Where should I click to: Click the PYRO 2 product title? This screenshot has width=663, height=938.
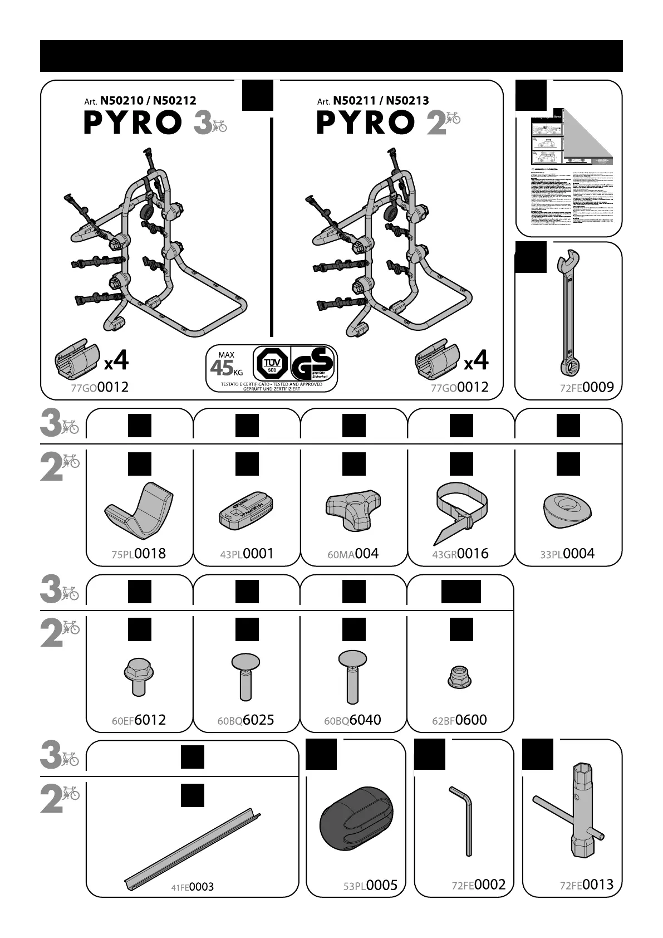[x=381, y=123]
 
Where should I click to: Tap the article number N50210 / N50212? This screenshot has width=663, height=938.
[x=148, y=101]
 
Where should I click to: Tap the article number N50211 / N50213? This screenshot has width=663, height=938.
[x=381, y=101]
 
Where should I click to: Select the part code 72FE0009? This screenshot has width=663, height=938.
[x=587, y=387]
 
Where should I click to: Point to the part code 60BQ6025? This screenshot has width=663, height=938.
[x=245, y=720]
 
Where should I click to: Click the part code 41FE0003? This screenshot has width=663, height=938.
[x=192, y=887]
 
